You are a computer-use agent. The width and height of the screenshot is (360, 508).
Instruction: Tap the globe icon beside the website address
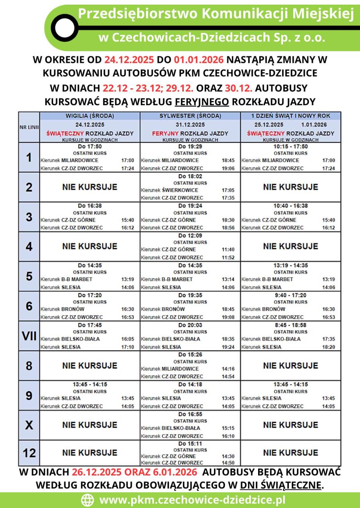(87, 500)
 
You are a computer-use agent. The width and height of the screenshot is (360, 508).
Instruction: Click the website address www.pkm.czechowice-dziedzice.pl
(192, 500)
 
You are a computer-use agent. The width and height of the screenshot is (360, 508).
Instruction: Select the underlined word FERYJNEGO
(201, 102)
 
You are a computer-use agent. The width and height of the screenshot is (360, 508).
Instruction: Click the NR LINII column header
(29, 127)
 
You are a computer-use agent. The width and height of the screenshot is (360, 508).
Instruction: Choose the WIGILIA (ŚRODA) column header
(90, 116)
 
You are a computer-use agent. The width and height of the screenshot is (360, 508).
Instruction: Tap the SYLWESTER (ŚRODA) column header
(190, 116)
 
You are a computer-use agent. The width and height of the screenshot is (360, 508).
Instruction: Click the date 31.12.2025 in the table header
(190, 125)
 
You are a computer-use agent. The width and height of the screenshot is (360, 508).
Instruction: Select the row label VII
(29, 336)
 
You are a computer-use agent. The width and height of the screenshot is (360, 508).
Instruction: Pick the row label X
(29, 425)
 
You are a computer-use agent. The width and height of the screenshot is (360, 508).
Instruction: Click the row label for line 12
(29, 453)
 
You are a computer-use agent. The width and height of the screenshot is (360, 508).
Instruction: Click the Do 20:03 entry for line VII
(190, 325)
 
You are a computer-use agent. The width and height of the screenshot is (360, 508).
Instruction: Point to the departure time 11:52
(228, 258)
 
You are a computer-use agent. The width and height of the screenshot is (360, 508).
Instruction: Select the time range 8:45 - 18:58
(290, 325)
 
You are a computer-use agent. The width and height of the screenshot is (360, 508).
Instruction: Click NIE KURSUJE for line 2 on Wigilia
(90, 187)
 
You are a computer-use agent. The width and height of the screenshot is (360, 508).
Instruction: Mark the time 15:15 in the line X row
(228, 428)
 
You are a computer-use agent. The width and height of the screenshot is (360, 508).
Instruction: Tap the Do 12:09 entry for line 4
(190, 236)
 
